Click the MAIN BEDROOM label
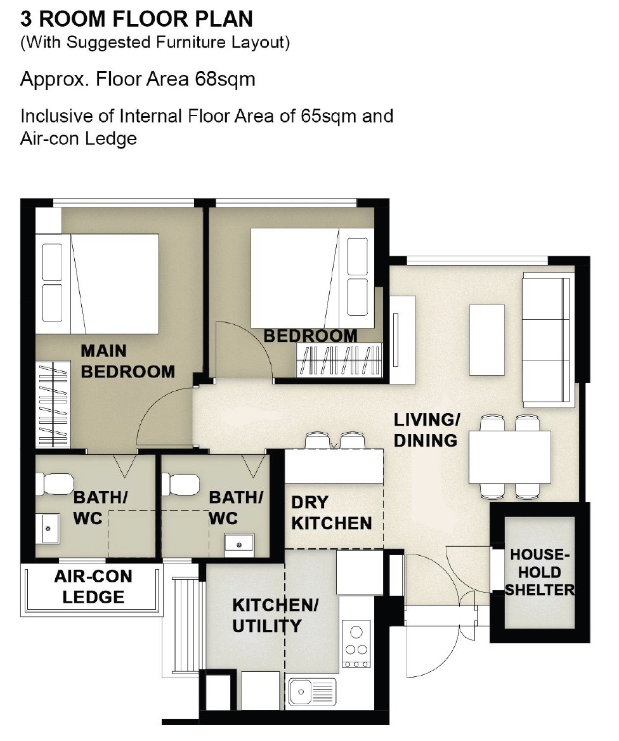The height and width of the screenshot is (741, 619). click(x=127, y=362)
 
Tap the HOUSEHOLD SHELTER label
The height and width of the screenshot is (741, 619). click(x=540, y=572)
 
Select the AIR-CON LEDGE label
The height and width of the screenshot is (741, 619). click(x=93, y=586)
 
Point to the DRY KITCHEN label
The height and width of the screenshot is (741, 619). click(x=331, y=513)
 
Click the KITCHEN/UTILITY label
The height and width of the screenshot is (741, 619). click(x=275, y=615)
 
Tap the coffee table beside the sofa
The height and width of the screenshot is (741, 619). click(x=486, y=340)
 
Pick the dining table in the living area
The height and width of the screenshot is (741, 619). click(x=510, y=457)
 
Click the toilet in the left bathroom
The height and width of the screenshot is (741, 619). click(x=55, y=485)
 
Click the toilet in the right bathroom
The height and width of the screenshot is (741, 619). click(x=181, y=485)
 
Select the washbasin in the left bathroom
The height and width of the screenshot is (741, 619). click(x=48, y=529)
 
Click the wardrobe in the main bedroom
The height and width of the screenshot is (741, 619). click(x=53, y=405)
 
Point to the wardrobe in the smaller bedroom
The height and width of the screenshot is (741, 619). click(x=338, y=360)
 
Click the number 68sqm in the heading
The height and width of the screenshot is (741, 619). click(x=225, y=79)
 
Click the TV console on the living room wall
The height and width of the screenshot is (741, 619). click(x=403, y=339)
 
